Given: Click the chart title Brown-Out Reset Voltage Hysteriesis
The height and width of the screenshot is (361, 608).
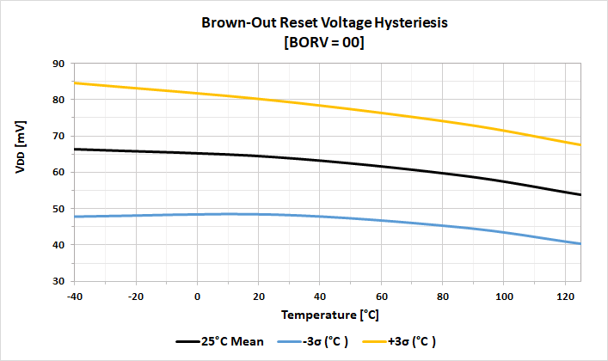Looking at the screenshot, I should click(x=324, y=23).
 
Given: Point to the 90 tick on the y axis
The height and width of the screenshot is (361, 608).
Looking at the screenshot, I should click(x=60, y=64).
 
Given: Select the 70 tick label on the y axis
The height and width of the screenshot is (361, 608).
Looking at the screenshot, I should click(x=60, y=136).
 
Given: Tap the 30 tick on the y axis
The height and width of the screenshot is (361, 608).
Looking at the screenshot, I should click(x=60, y=281).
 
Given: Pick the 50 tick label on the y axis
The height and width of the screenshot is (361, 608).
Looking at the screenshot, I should click(x=60, y=209).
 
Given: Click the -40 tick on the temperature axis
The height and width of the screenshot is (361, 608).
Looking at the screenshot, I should click(x=75, y=297).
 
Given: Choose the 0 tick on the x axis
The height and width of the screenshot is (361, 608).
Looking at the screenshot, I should click(x=198, y=297).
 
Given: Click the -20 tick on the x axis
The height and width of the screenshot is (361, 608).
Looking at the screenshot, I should click(x=136, y=297).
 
